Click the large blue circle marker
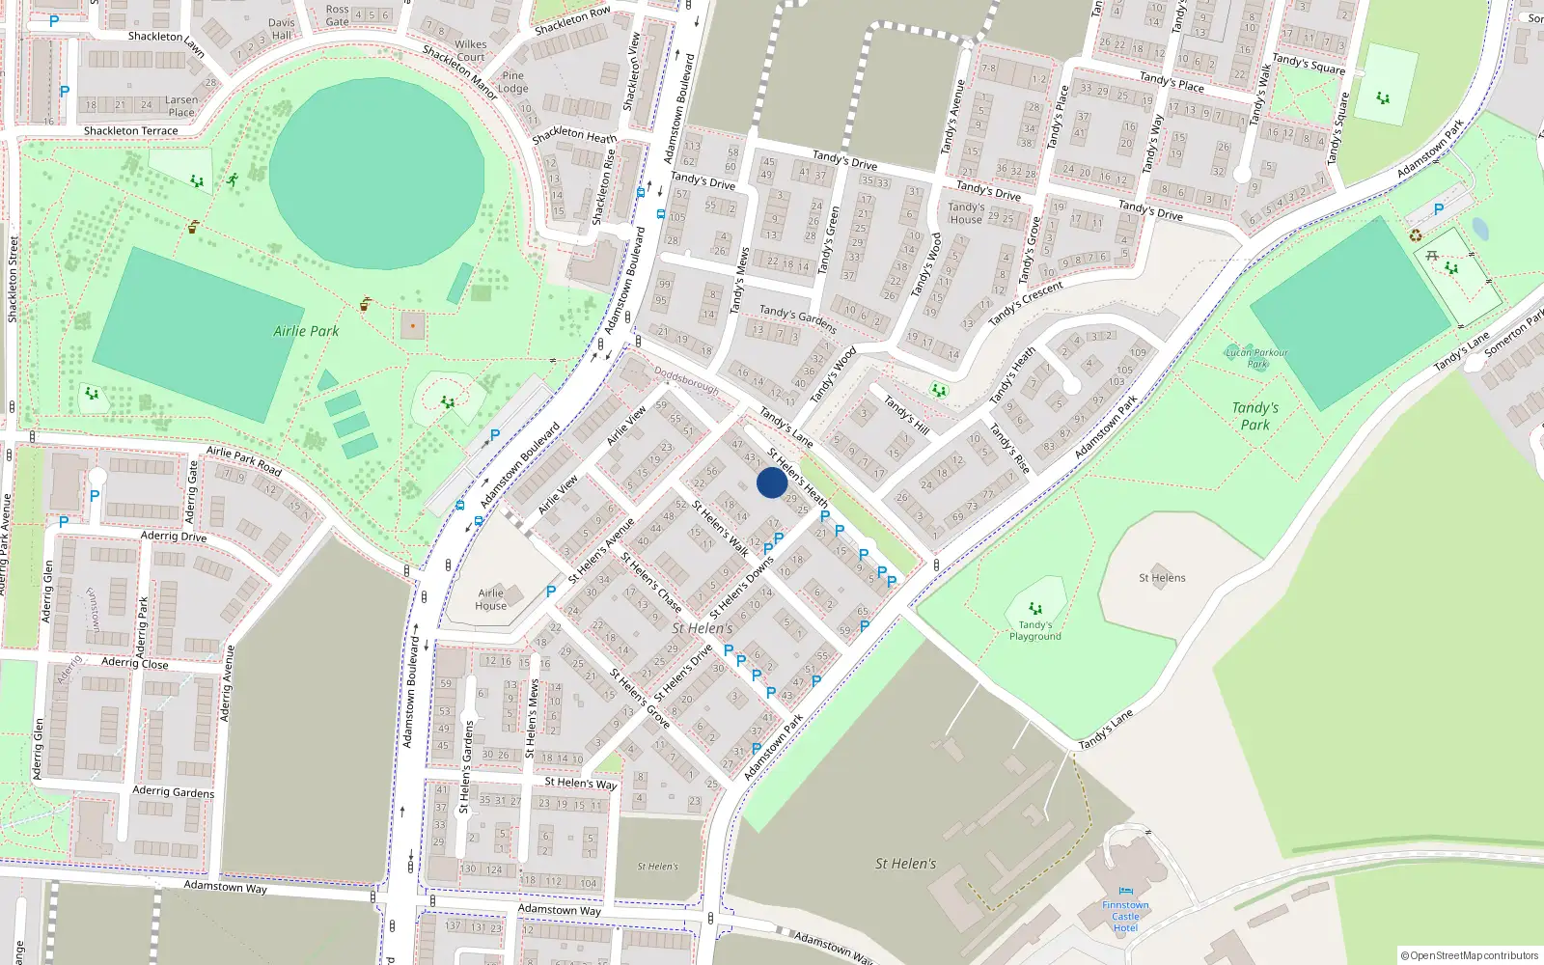click(x=771, y=482)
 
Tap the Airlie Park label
click(x=306, y=331)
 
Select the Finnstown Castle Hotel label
click(x=1125, y=917)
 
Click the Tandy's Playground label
click(x=1035, y=630)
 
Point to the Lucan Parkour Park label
click(x=1256, y=358)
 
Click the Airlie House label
click(x=490, y=599)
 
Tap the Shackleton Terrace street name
click(x=130, y=130)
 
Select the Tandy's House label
click(x=965, y=213)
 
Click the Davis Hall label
click(x=282, y=29)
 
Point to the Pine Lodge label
click(x=513, y=82)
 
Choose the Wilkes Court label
click(x=471, y=50)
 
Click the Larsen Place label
click(x=181, y=106)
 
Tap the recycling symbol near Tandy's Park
click(x=1416, y=234)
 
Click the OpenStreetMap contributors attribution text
click(x=1470, y=955)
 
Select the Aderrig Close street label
click(x=134, y=663)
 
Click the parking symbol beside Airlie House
click(x=551, y=592)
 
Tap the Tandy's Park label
click(x=1254, y=416)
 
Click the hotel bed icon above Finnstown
click(x=1125, y=891)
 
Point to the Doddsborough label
click(x=686, y=379)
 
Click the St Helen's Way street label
click(x=580, y=783)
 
